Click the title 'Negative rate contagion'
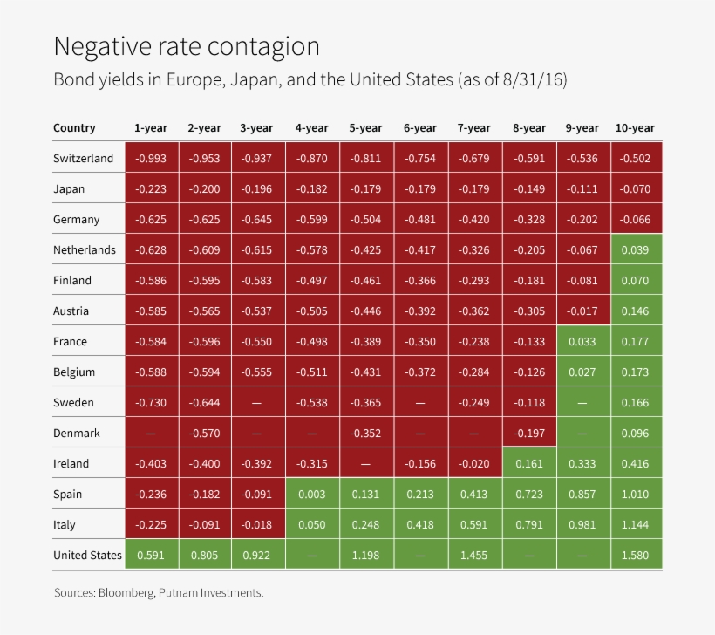[187, 46]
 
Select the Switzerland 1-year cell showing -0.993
[150, 159]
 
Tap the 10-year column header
[634, 128]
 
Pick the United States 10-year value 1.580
[634, 556]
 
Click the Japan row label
[69, 189]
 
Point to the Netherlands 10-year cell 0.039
[634, 250]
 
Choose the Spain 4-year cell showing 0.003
[311, 495]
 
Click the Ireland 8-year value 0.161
[528, 464]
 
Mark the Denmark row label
[76, 434]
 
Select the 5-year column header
[365, 128]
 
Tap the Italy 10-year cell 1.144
[634, 525]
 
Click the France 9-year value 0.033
[582, 342]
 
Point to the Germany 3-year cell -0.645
[256, 220]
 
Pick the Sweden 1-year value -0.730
[150, 403]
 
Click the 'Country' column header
[74, 128]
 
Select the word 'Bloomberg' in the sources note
[127, 593]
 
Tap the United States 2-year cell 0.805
[204, 556]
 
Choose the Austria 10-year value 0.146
[634, 311]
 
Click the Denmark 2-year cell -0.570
[204, 434]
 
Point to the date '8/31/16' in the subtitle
[534, 80]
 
